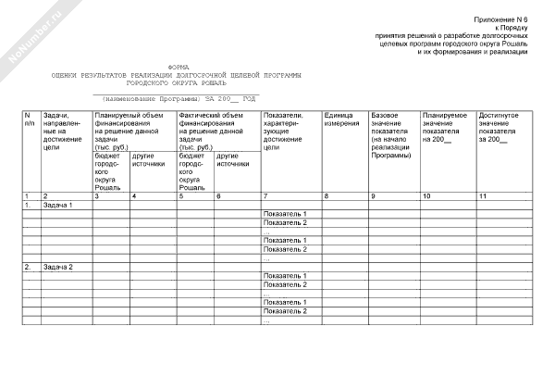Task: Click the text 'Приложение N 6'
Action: click(x=501, y=19)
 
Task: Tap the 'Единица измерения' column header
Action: click(x=341, y=119)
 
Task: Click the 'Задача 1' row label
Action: click(x=57, y=205)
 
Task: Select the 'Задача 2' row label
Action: click(x=57, y=267)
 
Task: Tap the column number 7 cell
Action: click(x=265, y=196)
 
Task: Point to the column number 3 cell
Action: click(x=96, y=196)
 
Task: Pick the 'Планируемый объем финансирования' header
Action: click(x=129, y=129)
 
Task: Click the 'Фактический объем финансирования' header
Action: click(x=212, y=129)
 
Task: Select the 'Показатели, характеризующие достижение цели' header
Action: click(x=286, y=130)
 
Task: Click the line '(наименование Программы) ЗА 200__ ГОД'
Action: click(x=178, y=98)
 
